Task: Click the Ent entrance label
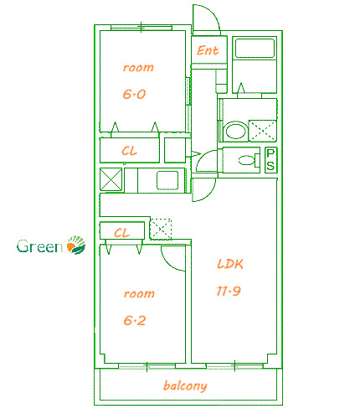tap(208, 51)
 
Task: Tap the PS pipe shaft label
tap(270, 159)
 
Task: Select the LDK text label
tap(229, 264)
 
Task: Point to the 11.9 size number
tap(229, 292)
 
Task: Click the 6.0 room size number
tap(135, 95)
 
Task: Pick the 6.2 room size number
tap(135, 320)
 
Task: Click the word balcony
tap(185, 386)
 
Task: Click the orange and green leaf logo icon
tap(76, 246)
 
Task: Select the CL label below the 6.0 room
tap(130, 151)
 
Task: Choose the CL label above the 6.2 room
tap(121, 232)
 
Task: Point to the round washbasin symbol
tap(235, 131)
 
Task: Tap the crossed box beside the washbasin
tap(263, 131)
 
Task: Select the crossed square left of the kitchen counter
tap(111, 180)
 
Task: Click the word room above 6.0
tap(138, 68)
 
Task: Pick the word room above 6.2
tap(138, 294)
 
